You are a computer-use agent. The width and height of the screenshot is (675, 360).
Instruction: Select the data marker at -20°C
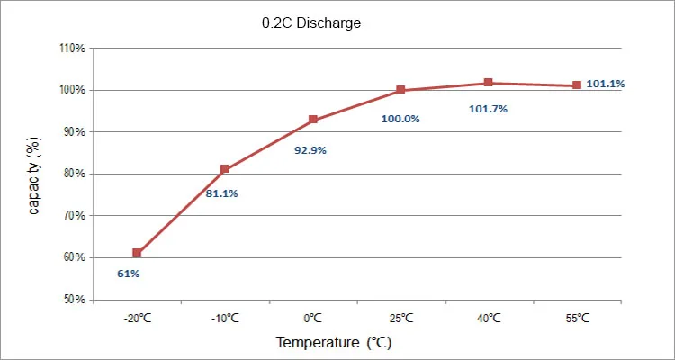tap(137, 253)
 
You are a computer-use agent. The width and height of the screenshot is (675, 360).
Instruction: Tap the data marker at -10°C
tap(225, 169)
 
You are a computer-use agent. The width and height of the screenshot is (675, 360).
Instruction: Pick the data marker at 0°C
tap(312, 120)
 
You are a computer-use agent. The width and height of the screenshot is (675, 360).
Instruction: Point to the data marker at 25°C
tap(400, 90)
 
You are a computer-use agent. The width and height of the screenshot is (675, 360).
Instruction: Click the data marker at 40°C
tap(489, 83)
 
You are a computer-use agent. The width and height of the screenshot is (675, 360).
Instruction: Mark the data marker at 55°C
tap(577, 85)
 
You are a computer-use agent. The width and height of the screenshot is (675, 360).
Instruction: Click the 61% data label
tap(129, 273)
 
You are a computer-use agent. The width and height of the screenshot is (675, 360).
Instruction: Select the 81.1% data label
tap(221, 193)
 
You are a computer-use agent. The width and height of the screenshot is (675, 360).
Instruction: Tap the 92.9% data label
tap(310, 150)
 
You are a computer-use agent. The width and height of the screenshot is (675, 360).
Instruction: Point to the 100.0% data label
tap(400, 118)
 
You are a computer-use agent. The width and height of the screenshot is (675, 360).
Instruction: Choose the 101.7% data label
tap(489, 109)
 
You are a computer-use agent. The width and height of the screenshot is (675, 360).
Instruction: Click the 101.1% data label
tap(606, 84)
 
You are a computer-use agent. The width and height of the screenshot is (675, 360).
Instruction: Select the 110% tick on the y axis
tap(72, 49)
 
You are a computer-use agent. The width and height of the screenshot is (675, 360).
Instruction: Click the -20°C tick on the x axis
tap(137, 318)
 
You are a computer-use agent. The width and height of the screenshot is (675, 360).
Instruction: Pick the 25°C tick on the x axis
tap(400, 318)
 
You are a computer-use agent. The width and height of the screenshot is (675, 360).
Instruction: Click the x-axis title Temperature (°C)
tap(334, 343)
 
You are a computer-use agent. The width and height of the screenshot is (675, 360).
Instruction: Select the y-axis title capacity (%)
tap(34, 175)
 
